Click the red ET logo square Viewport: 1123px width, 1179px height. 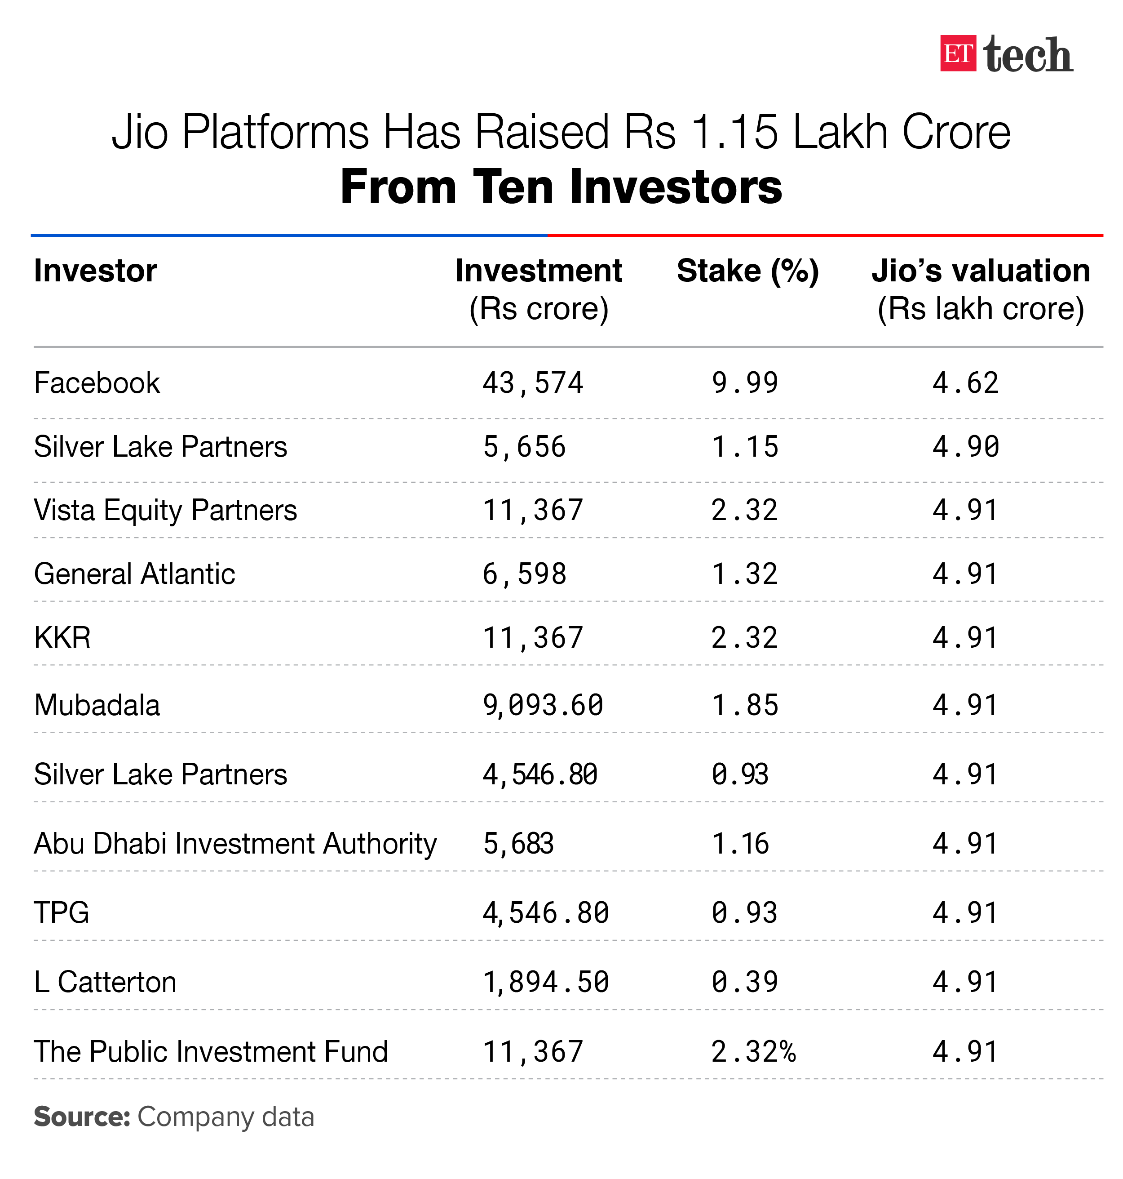click(x=958, y=54)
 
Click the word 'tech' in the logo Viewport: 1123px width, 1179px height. click(x=1028, y=55)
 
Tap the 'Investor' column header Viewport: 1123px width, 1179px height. click(x=95, y=271)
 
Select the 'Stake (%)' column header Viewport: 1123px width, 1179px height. click(x=747, y=271)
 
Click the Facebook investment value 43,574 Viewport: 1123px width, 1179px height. click(x=533, y=383)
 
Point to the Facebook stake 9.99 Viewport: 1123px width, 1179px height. click(x=745, y=383)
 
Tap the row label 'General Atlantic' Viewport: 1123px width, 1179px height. click(x=134, y=574)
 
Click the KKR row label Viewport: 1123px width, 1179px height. click(x=62, y=637)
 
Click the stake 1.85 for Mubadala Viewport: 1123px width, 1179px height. click(x=745, y=705)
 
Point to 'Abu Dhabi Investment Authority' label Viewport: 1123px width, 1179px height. click(x=235, y=844)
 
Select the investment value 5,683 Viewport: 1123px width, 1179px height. click(x=518, y=844)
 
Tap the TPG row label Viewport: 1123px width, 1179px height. click(x=62, y=913)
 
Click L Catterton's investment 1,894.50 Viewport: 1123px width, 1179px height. click(x=546, y=983)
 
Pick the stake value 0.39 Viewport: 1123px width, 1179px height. click(x=745, y=983)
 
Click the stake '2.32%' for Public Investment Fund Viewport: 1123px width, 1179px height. click(x=753, y=1052)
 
